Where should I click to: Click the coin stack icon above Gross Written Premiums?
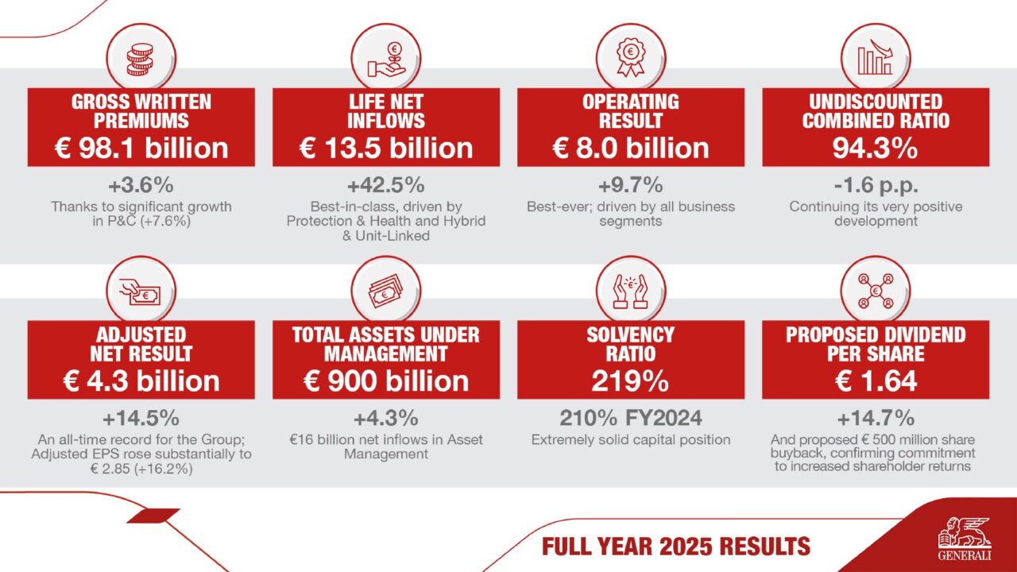141,57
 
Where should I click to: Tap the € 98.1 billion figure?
141,147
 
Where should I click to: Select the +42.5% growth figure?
386,185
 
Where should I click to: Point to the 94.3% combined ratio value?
875,147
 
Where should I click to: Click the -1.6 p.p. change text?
875,185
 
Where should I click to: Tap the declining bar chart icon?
875,57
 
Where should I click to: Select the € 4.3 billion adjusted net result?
141,381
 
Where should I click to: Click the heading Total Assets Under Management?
386,343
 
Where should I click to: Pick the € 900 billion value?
386,381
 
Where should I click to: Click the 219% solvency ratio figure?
631,381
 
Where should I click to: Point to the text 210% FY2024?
631,418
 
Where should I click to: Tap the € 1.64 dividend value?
875,381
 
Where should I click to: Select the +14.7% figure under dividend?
875,418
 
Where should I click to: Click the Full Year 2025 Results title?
675,547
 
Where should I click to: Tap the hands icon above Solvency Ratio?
631,291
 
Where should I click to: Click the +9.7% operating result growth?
631,185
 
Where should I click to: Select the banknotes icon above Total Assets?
386,291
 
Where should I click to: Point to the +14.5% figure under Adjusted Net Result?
141,418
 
